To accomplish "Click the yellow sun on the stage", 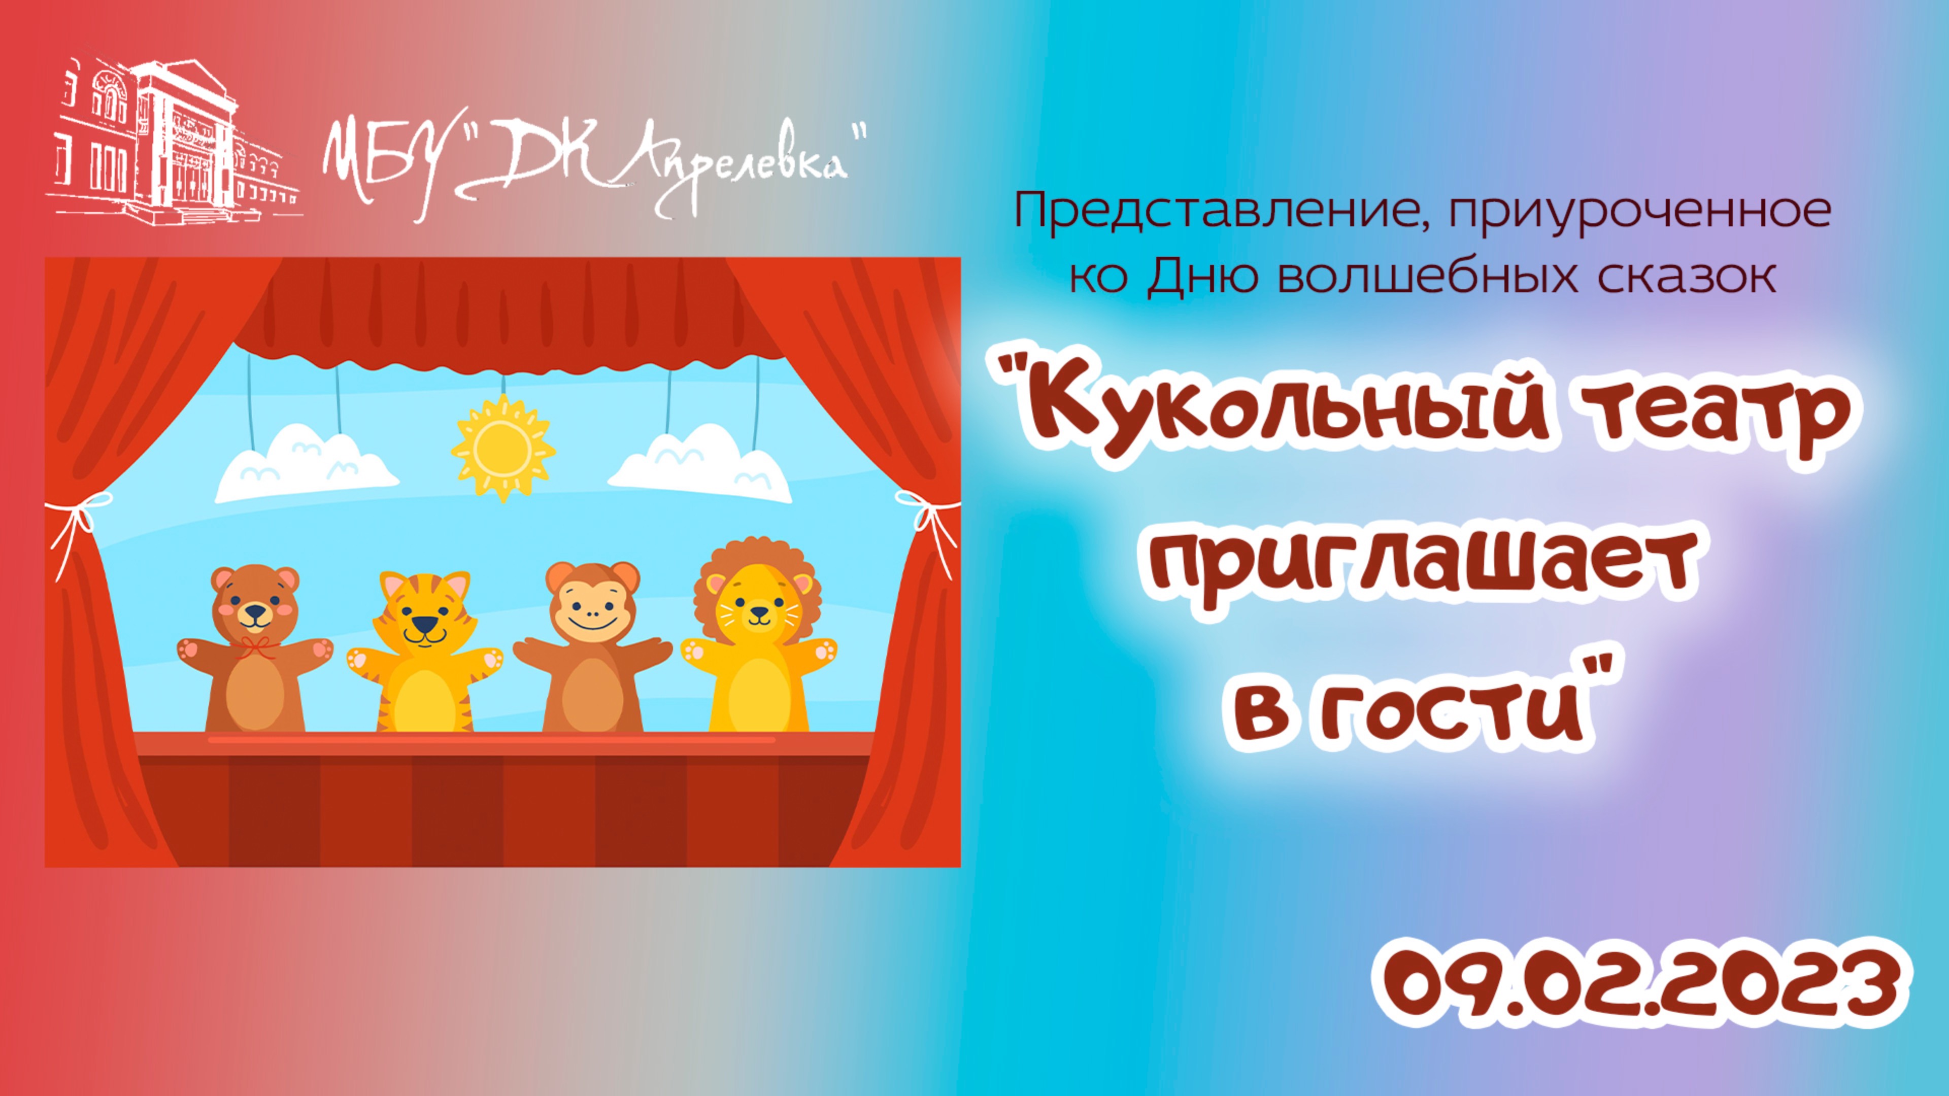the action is coord(502,448).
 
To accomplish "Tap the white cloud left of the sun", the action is coord(307,463).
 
